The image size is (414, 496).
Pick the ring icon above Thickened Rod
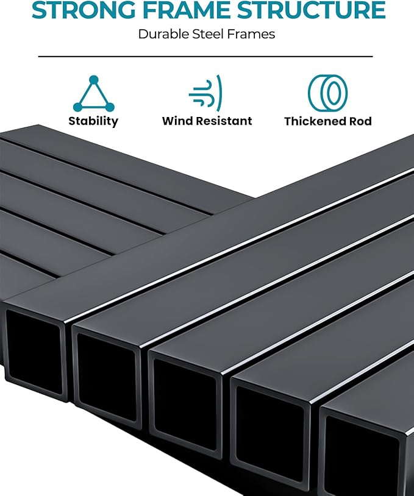point(327,93)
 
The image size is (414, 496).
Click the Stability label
point(93,121)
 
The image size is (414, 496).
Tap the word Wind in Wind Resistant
point(177,121)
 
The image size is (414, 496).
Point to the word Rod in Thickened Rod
point(360,121)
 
